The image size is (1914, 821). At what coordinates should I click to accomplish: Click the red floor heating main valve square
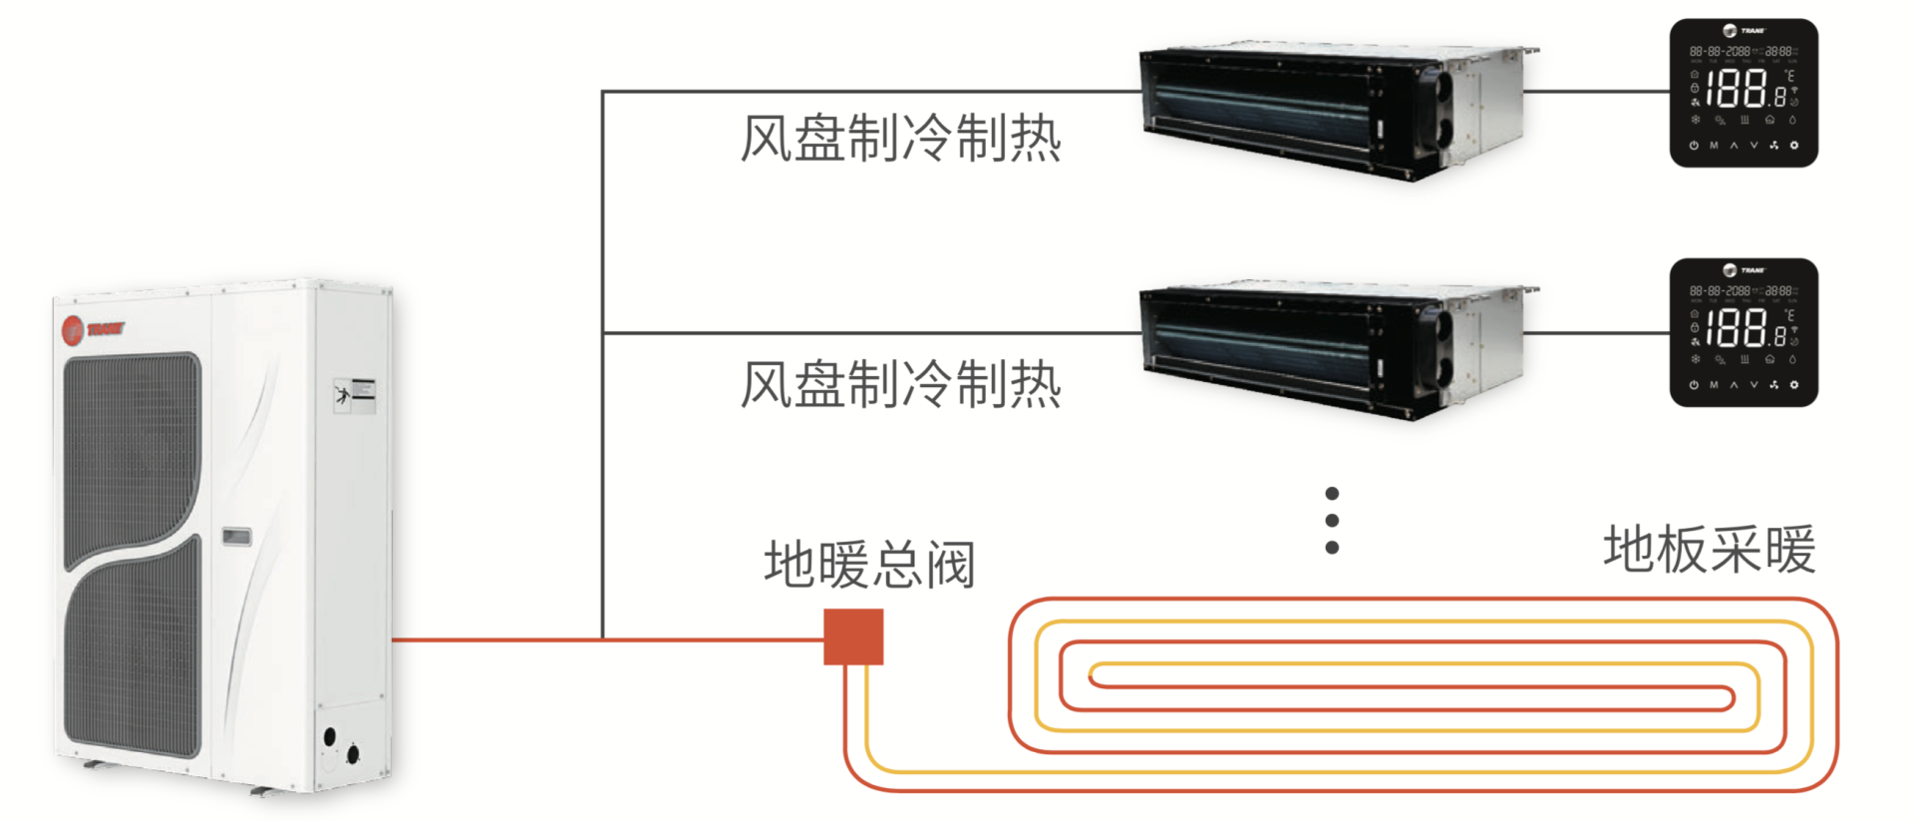click(853, 636)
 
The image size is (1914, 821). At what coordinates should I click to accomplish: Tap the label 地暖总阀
click(869, 565)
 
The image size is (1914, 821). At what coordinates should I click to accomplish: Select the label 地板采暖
click(1710, 550)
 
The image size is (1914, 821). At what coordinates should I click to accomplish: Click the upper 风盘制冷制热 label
click(900, 139)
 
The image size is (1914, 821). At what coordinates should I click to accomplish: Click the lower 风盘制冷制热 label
click(900, 385)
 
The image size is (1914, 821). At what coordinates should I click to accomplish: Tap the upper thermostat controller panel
click(1744, 93)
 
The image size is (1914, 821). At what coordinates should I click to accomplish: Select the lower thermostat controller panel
click(1744, 332)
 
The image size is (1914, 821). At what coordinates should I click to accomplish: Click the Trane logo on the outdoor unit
click(93, 329)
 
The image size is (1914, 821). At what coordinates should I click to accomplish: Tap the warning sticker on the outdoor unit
click(355, 395)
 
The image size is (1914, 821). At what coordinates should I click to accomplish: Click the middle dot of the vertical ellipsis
click(1332, 521)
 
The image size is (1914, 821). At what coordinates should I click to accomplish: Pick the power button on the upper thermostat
click(1694, 146)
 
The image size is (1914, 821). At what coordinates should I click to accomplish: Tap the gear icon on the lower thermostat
click(1794, 385)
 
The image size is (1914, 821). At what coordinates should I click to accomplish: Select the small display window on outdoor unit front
click(236, 537)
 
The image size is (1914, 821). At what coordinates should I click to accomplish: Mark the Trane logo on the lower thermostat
click(1744, 270)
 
